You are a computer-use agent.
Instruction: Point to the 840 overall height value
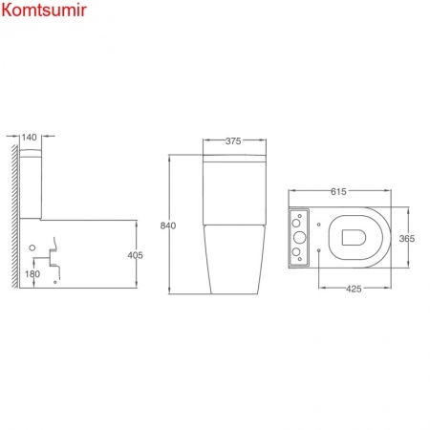(167, 226)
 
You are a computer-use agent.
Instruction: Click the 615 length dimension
(339, 191)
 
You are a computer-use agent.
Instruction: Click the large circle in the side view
(33, 248)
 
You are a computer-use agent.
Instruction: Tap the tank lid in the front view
(232, 156)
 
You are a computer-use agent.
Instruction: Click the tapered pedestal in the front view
(232, 258)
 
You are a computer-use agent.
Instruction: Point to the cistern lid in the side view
(32, 152)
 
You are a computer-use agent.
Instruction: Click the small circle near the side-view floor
(55, 282)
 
